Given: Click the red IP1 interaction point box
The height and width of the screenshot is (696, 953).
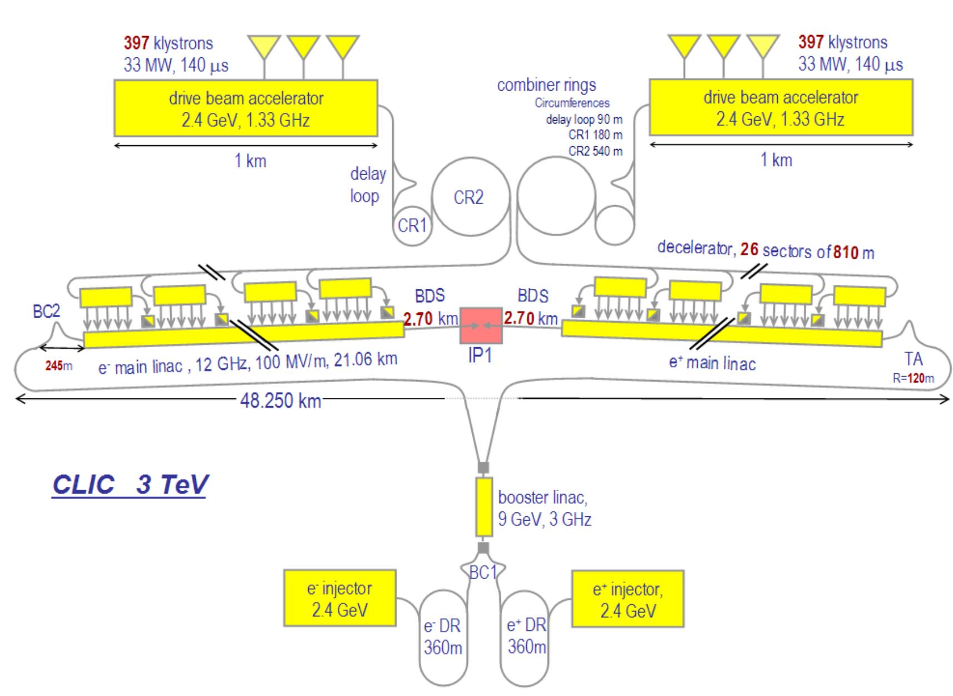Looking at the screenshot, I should [481, 325].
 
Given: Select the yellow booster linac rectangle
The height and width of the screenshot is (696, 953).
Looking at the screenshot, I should [484, 507].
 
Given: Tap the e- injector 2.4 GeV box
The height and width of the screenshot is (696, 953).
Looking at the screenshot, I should [339, 598].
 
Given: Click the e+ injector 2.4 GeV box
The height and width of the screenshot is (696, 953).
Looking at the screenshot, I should [628, 599].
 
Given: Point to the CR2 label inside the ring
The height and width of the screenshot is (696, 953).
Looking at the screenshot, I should [468, 198].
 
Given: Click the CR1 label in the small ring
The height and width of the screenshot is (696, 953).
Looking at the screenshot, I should [412, 225].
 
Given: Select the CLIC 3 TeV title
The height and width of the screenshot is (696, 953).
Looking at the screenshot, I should [129, 484].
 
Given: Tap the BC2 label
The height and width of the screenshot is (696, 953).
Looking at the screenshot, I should [46, 312].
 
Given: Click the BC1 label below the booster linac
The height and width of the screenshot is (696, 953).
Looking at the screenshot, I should [482, 572].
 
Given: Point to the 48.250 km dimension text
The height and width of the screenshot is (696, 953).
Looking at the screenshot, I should [280, 401].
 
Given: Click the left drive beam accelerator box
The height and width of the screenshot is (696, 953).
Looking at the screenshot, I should [245, 108].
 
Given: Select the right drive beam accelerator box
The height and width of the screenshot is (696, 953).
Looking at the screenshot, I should [781, 108].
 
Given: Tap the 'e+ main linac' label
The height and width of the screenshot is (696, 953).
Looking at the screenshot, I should [712, 363].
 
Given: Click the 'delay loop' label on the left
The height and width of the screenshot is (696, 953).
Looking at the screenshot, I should [367, 185].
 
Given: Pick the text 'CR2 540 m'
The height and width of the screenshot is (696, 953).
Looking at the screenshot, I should [595, 151].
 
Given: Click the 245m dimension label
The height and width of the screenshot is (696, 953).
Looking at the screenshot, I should [59, 366].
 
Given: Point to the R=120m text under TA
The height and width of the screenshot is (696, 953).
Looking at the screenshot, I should [913, 378].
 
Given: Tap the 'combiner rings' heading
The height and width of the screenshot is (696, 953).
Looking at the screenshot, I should [546, 85].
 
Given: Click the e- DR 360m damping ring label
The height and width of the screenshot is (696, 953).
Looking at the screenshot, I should [442, 637].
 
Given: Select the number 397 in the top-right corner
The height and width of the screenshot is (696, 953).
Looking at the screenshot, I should [811, 42].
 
